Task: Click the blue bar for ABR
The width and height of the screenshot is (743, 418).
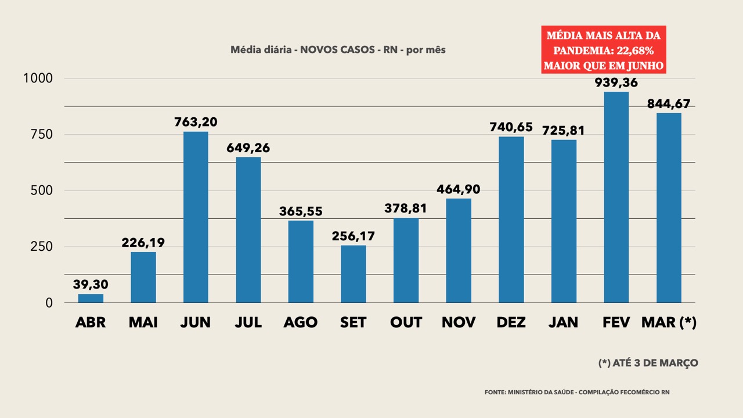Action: point(91,298)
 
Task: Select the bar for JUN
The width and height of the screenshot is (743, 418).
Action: point(196,217)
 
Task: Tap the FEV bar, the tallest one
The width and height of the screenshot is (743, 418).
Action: point(616,197)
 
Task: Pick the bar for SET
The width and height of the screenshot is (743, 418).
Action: point(354,274)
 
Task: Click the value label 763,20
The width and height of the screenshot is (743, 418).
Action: point(196,122)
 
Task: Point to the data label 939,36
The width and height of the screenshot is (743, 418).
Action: point(616,82)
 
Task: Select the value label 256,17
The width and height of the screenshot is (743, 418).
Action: point(354,236)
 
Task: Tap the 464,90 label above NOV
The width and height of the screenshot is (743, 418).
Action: point(459,189)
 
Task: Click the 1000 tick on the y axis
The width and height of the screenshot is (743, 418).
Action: point(38,78)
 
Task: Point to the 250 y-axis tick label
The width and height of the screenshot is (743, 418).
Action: point(41,247)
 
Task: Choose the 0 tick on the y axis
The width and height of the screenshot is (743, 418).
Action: point(49,303)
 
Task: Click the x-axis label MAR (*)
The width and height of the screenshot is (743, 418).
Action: point(669,322)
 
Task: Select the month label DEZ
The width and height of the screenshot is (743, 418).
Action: point(511,322)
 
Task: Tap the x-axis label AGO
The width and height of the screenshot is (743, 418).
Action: point(301,322)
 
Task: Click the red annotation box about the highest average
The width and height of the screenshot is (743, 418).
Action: point(604,50)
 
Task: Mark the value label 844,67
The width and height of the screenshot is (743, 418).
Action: point(669,104)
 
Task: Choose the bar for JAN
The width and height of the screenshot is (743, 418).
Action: point(564,221)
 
